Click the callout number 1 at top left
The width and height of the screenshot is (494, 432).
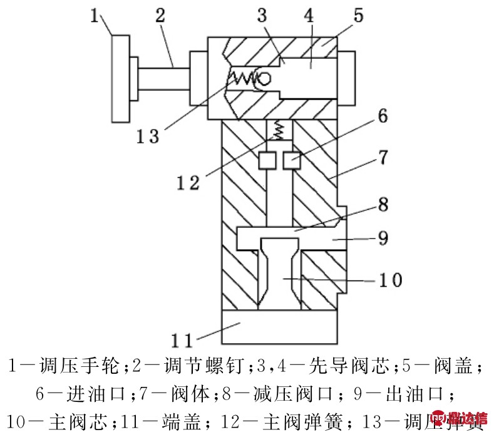pos(95,16)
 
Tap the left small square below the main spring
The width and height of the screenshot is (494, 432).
pos(267,161)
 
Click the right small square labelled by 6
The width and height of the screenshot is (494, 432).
pos(291,161)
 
